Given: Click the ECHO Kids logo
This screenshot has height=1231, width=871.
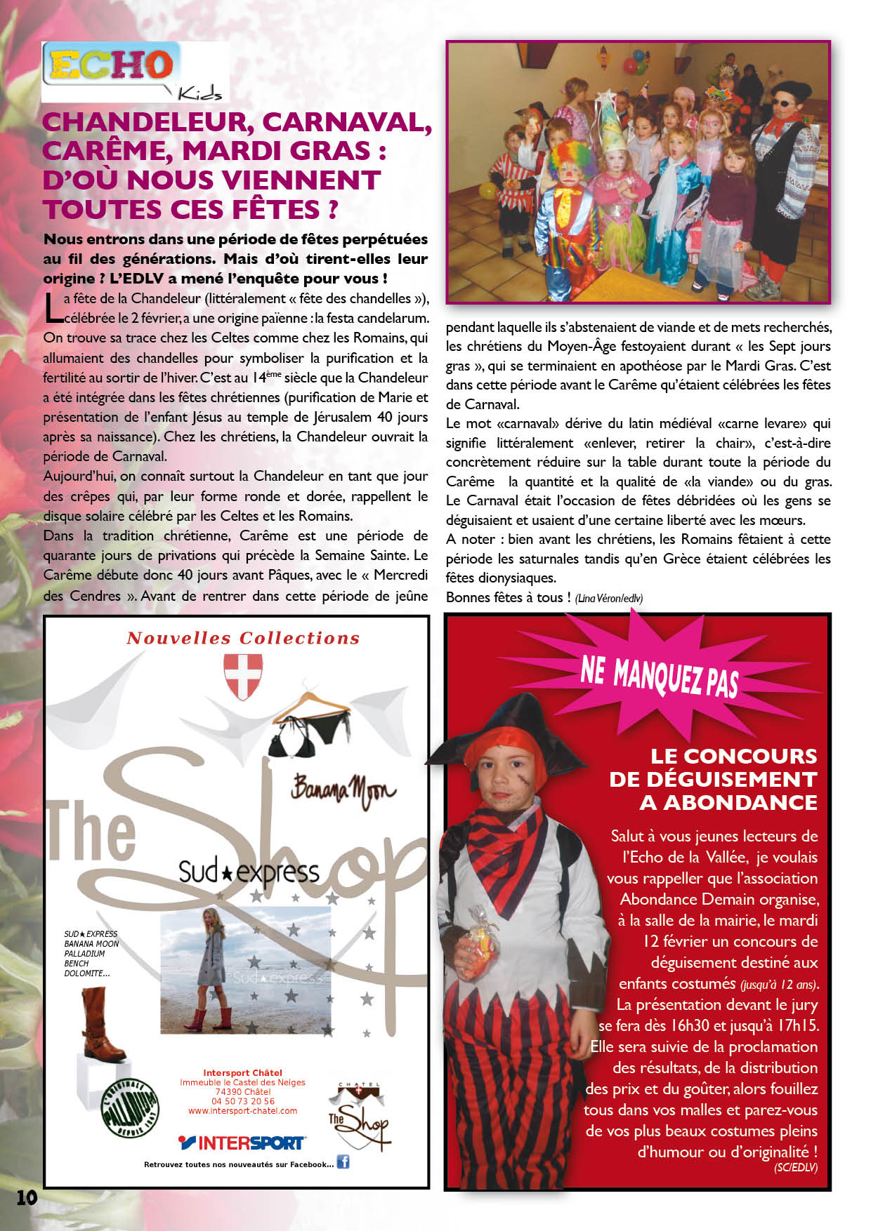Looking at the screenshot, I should (x=133, y=72).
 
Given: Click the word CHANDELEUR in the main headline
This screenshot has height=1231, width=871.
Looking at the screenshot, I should (x=144, y=122).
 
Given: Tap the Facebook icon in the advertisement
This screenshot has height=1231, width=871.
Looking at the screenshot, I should (x=343, y=1162).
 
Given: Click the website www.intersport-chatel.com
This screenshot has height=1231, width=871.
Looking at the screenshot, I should (x=242, y=1111).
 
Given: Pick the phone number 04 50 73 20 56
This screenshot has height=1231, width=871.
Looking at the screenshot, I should (x=242, y=1101).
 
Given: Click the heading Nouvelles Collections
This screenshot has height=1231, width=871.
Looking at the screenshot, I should (x=243, y=638).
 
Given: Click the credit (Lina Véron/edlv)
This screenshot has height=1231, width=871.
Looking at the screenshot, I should (x=608, y=598).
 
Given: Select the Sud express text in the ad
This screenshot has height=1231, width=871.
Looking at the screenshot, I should (x=248, y=871).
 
